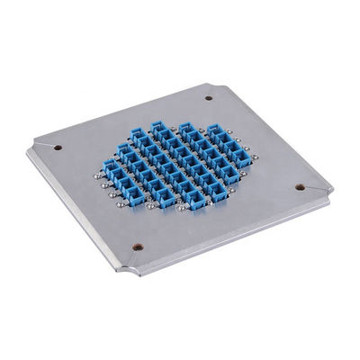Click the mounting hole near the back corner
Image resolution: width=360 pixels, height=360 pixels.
(x=208, y=98)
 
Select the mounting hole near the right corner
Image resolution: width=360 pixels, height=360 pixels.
(x=299, y=187)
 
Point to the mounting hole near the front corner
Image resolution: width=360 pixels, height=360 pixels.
(x=137, y=247)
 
